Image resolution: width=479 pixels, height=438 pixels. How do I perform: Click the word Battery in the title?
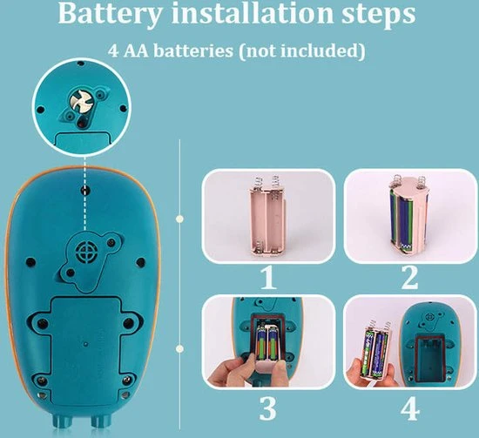(109, 14)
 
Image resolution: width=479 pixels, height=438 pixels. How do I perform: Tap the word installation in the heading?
(252, 13)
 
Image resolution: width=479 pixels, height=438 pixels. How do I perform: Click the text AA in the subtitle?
(136, 51)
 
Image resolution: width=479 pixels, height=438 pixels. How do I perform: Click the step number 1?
(268, 277)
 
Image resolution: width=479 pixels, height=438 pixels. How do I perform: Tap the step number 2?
(409, 277)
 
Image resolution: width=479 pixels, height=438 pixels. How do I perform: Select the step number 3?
(268, 408)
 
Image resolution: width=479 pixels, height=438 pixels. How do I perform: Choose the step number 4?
(410, 408)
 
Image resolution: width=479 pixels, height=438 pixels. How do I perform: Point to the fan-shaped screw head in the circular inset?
(78, 100)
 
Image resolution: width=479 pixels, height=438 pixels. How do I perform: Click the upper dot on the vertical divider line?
(180, 219)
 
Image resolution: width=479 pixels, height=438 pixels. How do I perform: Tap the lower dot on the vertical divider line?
(180, 348)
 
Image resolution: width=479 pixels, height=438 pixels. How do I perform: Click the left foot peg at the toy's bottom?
(63, 421)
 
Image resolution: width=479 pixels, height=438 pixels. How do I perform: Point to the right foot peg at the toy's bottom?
(100, 421)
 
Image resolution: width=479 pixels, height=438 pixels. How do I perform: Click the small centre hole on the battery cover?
(86, 344)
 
